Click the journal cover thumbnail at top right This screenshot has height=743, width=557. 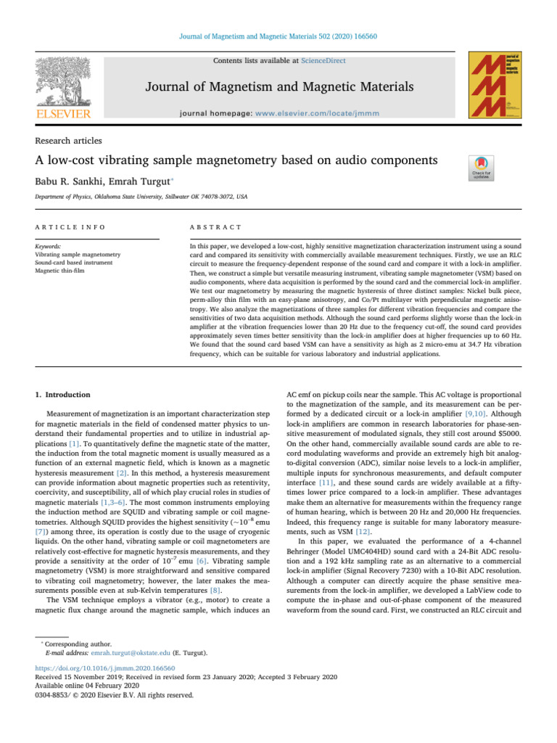coord(496,85)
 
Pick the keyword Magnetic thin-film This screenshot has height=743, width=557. coord(66,271)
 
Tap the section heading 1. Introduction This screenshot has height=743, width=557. coord(63,395)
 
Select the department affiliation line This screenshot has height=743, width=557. coord(141,196)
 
